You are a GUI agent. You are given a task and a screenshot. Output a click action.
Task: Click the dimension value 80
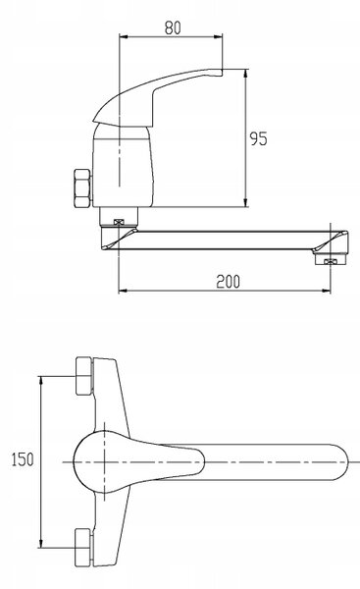pyautogui.click(x=173, y=27)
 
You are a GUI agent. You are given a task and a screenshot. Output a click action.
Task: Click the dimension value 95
pyautogui.click(x=259, y=138)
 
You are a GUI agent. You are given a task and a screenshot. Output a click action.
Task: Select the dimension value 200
pyautogui.click(x=228, y=282)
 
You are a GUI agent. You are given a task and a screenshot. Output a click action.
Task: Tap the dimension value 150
pyautogui.click(x=23, y=459)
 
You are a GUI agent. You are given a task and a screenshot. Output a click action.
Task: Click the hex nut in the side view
pyautogui.click(x=82, y=188)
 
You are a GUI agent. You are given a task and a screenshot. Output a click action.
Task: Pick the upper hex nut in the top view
pyautogui.click(x=84, y=376)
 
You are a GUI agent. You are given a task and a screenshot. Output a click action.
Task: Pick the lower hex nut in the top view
pyautogui.click(x=83, y=548)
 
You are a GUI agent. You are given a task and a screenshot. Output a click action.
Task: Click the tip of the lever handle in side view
pyautogui.click(x=221, y=72)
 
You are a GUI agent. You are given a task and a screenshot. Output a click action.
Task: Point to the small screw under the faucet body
pyautogui.click(x=119, y=222)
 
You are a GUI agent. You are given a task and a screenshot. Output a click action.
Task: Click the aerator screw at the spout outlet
pyautogui.click(x=330, y=261)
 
